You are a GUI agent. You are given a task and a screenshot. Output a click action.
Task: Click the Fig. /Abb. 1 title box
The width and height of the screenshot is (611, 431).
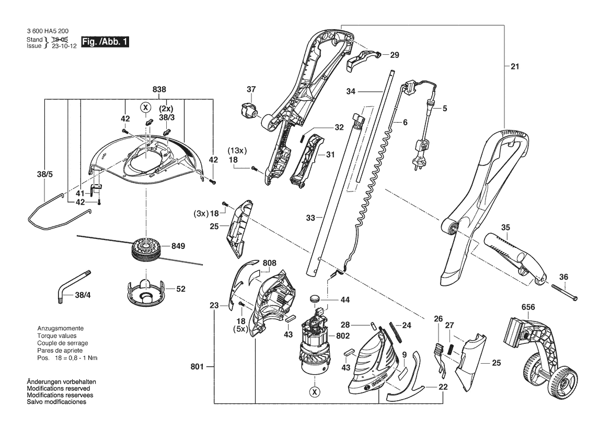(105, 42)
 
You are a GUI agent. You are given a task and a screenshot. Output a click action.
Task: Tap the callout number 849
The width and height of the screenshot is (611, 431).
(178, 246)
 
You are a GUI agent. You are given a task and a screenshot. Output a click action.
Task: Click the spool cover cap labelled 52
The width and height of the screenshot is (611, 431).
(145, 292)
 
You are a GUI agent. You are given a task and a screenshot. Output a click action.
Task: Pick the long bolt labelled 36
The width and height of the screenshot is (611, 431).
(564, 293)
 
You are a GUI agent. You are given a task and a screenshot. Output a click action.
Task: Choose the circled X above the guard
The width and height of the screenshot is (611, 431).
(146, 107)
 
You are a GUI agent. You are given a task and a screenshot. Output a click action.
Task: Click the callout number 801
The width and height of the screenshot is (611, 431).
(197, 366)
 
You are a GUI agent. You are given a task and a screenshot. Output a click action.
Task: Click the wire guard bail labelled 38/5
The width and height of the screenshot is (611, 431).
(61, 212)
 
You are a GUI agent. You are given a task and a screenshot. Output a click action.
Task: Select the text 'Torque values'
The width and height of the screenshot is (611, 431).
(57, 336)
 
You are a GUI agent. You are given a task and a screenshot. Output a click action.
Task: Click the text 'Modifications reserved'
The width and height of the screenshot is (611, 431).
(59, 389)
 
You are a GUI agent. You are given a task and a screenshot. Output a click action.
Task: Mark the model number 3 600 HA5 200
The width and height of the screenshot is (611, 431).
(48, 31)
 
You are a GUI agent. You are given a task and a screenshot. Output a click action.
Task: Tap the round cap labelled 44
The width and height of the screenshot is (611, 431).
(315, 299)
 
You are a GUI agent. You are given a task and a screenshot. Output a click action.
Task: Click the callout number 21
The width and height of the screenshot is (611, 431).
(515, 66)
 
